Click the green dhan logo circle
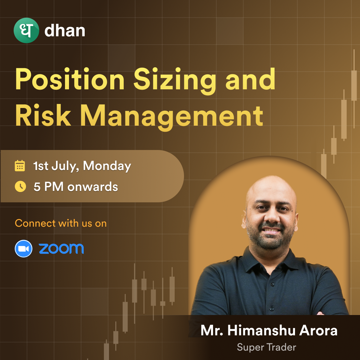tap(26, 30)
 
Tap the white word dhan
tap(65, 31)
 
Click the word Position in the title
tap(70, 79)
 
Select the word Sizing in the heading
tap(175, 81)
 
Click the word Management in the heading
tap(172, 117)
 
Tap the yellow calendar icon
tap(20, 166)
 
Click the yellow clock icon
tap(20, 186)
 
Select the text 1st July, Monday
tap(82, 166)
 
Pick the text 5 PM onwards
tap(76, 187)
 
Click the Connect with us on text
tap(61, 223)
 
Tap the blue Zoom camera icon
tap(23, 249)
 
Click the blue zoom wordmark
tap(61, 249)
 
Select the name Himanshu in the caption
tap(261, 330)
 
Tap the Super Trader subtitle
tap(267, 347)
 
